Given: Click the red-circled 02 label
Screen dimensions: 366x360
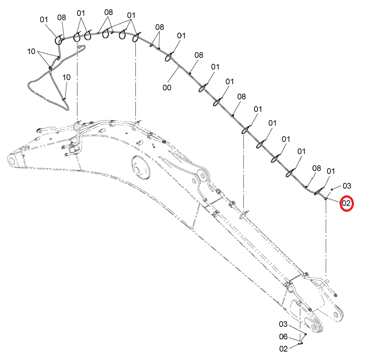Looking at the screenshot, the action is point(347,203).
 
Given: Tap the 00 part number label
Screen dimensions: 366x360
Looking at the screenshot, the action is point(167,88).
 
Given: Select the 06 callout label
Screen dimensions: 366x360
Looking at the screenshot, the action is point(283,337).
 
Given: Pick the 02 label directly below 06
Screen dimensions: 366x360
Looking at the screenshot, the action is point(283,349).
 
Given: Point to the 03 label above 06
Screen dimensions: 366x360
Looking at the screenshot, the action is point(283,324).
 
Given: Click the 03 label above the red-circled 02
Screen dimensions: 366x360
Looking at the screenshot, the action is point(347,186).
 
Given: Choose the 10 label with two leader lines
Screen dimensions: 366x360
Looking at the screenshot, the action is point(31,51).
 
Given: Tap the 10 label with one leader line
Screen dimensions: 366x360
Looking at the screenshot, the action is point(66,77).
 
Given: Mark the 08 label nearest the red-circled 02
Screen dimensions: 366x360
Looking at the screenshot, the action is point(317,168).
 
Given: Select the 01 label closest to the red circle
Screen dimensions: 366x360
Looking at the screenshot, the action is point(331,171).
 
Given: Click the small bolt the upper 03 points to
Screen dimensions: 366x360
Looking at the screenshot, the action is point(332,189).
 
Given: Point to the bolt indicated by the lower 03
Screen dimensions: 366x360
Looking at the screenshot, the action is point(305,335).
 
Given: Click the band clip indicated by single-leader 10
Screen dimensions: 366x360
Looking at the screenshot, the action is point(64,99).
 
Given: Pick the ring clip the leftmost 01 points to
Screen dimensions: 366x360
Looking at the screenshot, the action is point(58,40).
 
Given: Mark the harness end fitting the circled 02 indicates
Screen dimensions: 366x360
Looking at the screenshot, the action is point(325,198).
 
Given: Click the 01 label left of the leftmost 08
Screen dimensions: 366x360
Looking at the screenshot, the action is point(44,19).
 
